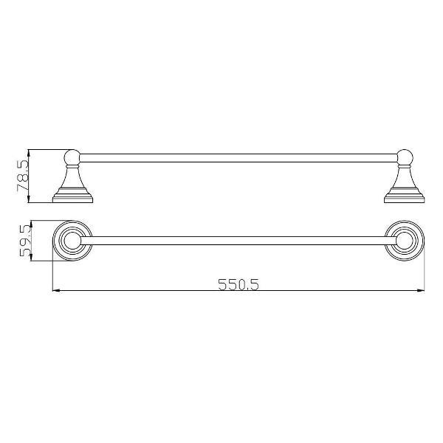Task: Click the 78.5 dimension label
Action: pos(23,176)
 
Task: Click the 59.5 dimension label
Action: pos(25,241)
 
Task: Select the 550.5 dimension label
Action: pos(238,284)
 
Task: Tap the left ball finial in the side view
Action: pos(72,158)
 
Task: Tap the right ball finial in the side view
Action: pos(405,158)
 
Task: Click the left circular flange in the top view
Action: pos(53,241)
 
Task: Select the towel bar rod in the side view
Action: pos(238,158)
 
